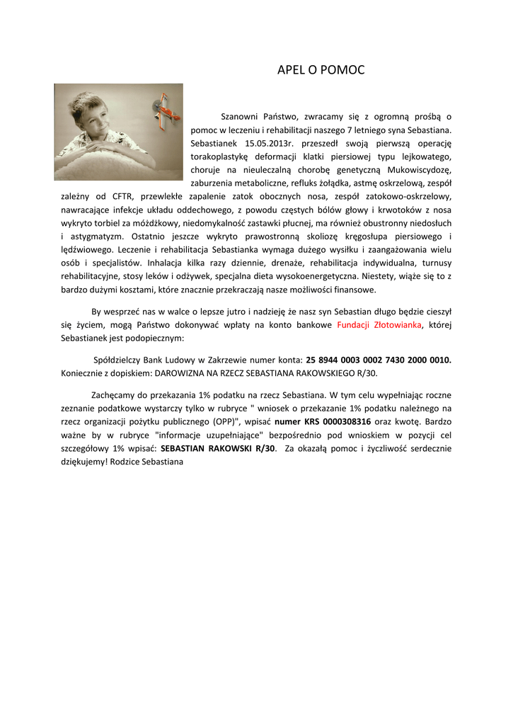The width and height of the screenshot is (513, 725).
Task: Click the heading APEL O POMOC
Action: click(321, 69)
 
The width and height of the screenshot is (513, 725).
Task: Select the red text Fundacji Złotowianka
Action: click(379, 324)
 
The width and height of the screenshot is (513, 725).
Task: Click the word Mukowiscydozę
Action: click(419, 169)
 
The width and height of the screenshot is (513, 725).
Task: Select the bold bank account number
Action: click(379, 360)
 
